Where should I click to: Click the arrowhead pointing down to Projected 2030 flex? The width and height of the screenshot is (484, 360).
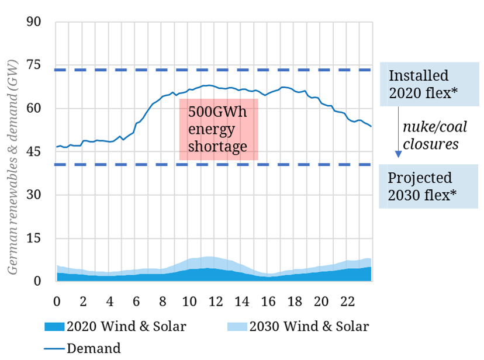tap(398, 154)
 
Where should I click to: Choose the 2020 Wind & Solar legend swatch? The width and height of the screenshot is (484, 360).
tap(56, 326)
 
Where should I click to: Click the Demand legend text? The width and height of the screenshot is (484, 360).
tap(94, 348)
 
